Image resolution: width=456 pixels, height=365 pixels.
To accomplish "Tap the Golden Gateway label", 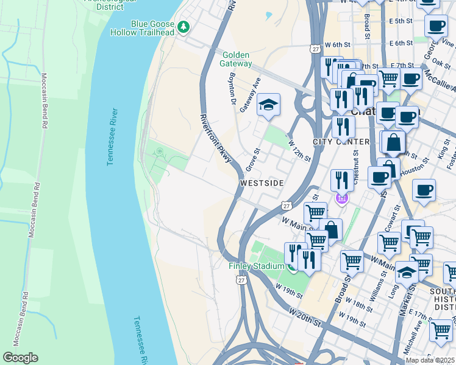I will click(237, 59).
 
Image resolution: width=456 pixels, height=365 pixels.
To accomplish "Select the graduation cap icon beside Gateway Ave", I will click(268, 106).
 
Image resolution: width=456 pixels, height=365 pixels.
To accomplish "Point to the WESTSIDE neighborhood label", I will click(262, 182).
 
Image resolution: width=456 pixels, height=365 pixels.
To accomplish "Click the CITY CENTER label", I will click(341, 142).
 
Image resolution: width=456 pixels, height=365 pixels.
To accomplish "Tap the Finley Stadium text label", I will click(256, 266).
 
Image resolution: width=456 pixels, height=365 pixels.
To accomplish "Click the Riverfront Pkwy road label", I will click(215, 138).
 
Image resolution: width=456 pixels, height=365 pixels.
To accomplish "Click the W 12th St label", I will click(299, 150).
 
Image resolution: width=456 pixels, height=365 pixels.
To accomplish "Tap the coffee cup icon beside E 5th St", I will click(435, 26).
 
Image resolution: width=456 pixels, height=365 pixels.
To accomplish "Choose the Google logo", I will click(20, 357).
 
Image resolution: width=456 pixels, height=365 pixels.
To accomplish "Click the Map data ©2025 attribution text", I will click(430, 360).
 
